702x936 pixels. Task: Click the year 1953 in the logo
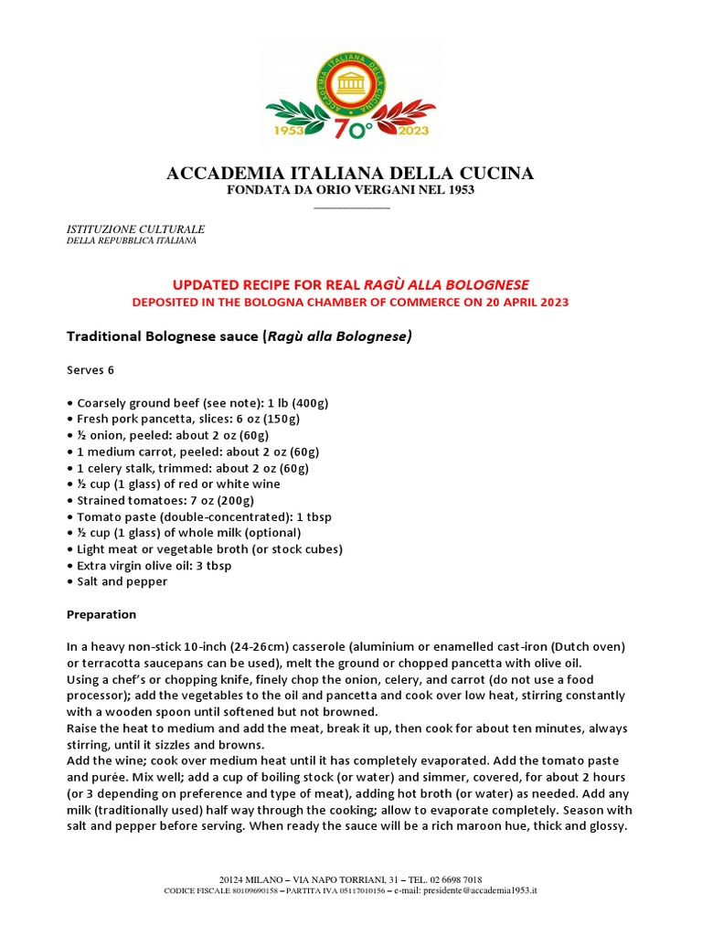[x=291, y=130]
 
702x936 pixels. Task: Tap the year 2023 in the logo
[x=411, y=130]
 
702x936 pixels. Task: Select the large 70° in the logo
[x=352, y=130]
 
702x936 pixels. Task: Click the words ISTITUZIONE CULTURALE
[x=136, y=228]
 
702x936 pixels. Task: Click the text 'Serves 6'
[x=92, y=370]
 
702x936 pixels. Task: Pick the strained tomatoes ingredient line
[x=160, y=500]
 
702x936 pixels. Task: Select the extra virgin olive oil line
[x=149, y=565]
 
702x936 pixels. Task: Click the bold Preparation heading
[x=101, y=614]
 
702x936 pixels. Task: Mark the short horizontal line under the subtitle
[x=351, y=207]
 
